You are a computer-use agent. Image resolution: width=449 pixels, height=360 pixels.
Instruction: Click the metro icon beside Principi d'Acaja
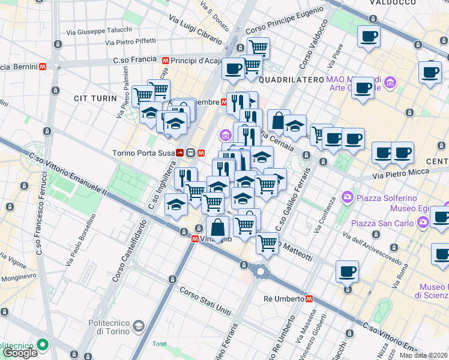pos(164,61)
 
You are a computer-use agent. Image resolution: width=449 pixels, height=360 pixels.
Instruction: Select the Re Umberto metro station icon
pos(309,298)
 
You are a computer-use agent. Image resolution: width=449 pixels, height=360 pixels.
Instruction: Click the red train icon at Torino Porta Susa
pos(181,153)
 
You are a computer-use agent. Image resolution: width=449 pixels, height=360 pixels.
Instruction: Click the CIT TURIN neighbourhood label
pos(94,98)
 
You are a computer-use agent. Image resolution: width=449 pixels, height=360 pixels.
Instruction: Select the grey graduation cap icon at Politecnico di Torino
pos(139,326)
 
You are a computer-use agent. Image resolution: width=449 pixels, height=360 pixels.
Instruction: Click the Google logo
pos(20,352)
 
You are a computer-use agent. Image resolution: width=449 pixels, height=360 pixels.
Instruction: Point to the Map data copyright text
pos(424,355)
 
